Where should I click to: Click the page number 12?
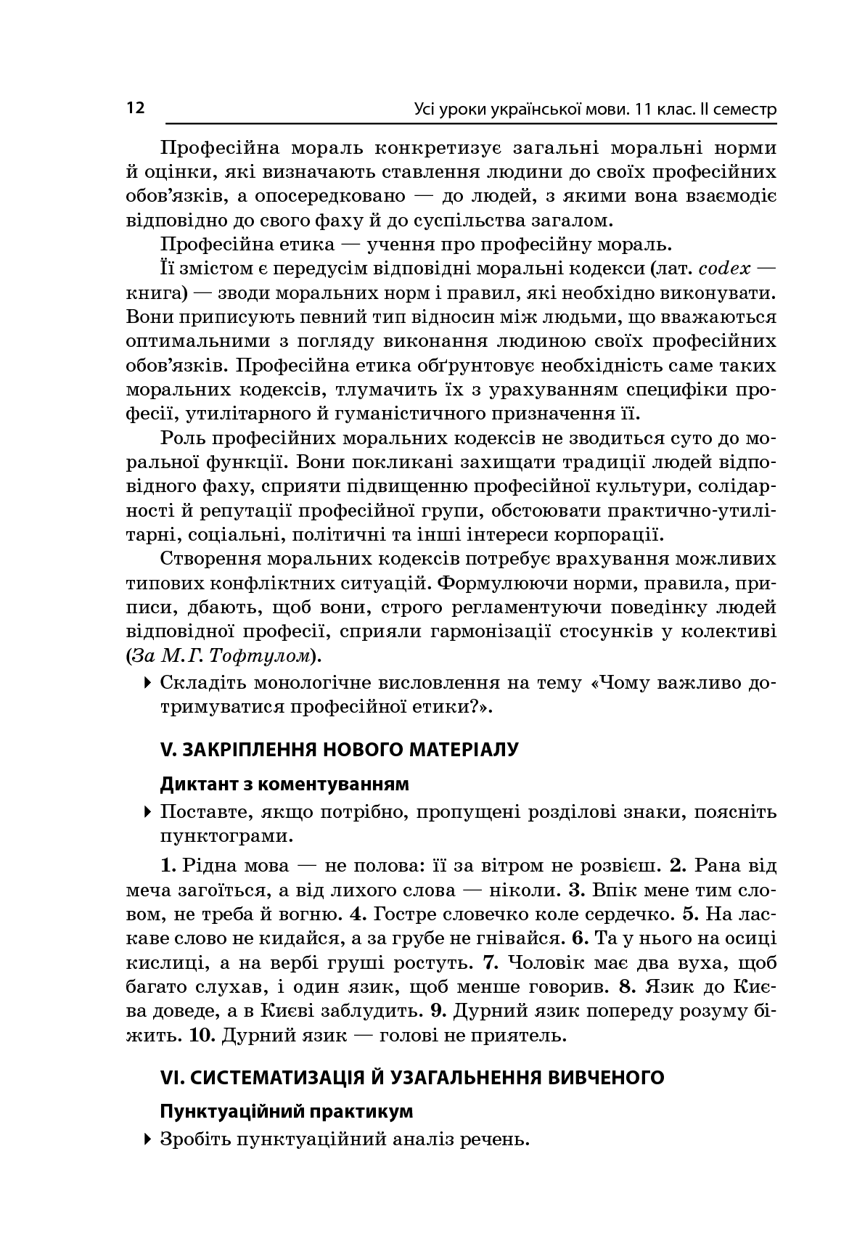pyautogui.click(x=135, y=108)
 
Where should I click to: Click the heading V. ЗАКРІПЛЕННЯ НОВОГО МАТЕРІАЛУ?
pyautogui.click(x=339, y=750)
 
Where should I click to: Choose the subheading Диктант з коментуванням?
pyautogui.click(x=284, y=785)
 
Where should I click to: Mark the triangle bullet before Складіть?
pyautogui.click(x=148, y=682)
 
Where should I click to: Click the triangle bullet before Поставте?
pyautogui.click(x=148, y=811)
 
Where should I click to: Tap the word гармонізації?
pyautogui.click(x=488, y=632)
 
